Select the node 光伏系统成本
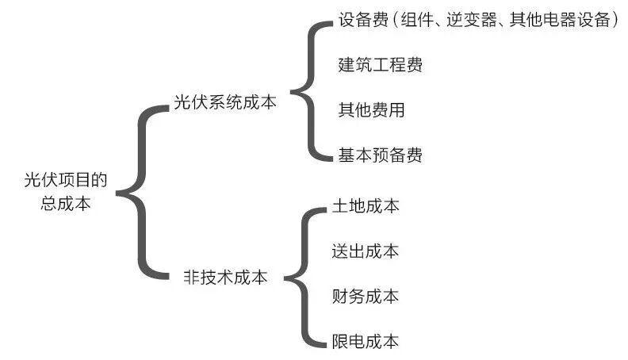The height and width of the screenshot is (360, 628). pos(225,103)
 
